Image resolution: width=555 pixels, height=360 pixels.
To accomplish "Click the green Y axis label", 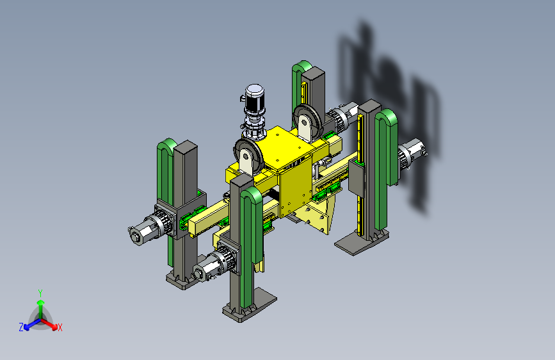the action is [40, 293].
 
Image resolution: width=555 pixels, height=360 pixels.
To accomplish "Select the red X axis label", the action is [60, 327].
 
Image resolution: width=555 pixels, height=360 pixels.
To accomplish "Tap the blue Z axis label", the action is [21, 327].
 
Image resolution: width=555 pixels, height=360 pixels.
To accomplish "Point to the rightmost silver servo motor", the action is [412, 153].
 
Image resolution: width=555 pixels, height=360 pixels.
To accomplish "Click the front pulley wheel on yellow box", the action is [248, 156].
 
